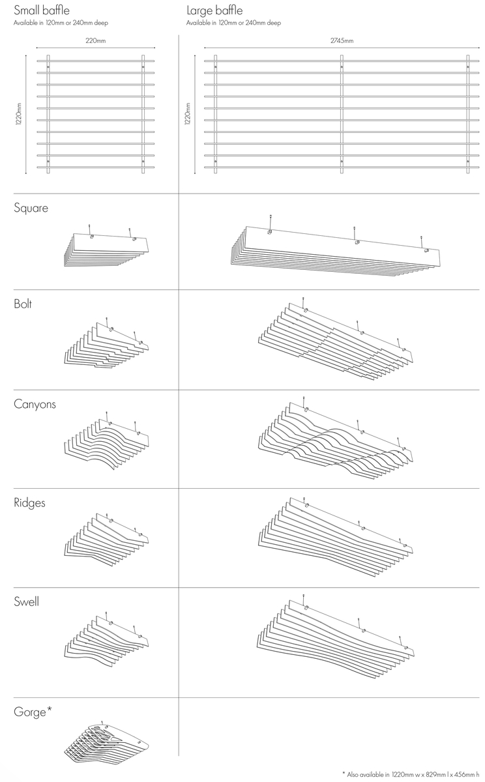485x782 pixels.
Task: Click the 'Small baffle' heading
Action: click(42, 10)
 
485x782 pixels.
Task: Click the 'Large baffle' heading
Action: click(214, 10)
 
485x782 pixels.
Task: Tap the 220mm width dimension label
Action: click(96, 40)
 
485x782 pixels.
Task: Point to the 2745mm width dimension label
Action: click(342, 40)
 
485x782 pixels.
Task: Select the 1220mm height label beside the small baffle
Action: click(19, 114)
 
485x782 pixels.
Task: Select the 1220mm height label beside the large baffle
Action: click(188, 114)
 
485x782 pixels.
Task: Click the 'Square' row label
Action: click(31, 208)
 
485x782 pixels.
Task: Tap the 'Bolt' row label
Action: click(23, 304)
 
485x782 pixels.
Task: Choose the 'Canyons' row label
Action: click(35, 404)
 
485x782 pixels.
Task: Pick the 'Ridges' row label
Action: click(29, 502)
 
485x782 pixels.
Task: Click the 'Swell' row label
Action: click(26, 601)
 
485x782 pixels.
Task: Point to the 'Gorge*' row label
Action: click(33, 712)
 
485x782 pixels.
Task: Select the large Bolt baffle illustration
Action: click(336, 339)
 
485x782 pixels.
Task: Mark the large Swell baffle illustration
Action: click(336, 637)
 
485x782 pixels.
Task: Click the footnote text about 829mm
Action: click(411, 775)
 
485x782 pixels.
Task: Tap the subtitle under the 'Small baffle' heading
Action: click(61, 23)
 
